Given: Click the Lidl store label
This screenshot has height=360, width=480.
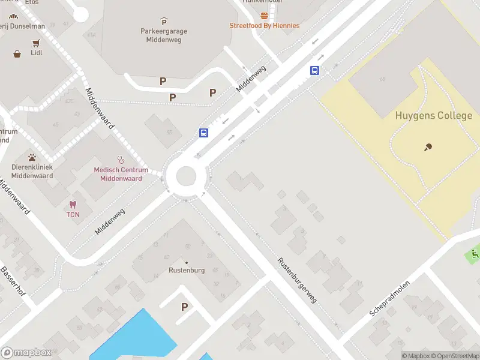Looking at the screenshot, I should click(x=36, y=53).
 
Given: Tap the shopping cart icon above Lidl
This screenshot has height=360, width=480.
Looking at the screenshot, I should click(x=36, y=43).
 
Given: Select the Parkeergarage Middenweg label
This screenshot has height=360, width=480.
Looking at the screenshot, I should click(x=164, y=35).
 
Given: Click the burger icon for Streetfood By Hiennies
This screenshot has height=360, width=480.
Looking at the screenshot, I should click(x=264, y=16).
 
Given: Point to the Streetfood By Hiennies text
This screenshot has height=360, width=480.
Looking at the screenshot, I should click(x=264, y=26).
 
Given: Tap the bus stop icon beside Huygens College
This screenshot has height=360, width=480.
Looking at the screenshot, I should click(x=314, y=70).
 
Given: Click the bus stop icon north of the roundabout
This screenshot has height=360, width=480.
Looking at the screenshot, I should click(x=204, y=133).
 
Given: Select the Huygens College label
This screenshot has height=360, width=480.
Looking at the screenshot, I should click(x=433, y=116).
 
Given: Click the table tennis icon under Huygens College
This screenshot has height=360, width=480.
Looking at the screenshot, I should click(x=428, y=146).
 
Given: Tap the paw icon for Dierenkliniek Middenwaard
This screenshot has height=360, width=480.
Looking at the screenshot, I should click(x=32, y=158).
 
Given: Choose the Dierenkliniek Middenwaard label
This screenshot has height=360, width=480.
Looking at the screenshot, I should click(x=32, y=172).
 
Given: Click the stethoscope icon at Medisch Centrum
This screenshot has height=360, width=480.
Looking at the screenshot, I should click(x=121, y=160).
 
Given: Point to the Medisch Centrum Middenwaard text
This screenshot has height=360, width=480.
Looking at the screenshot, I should click(x=121, y=174).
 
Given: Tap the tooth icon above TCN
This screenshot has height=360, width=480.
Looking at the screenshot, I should click(x=73, y=205).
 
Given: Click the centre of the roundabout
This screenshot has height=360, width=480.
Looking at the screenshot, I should click(x=185, y=176).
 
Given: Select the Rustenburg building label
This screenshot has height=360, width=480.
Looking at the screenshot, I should click(x=186, y=270).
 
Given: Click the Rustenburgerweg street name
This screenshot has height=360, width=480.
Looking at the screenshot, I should click(x=296, y=280).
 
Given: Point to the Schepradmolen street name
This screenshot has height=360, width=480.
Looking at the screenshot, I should click(x=389, y=298).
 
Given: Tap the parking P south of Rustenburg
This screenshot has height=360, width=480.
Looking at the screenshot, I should click(x=184, y=307).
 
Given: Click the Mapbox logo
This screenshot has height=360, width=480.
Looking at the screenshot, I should click(x=26, y=352).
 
